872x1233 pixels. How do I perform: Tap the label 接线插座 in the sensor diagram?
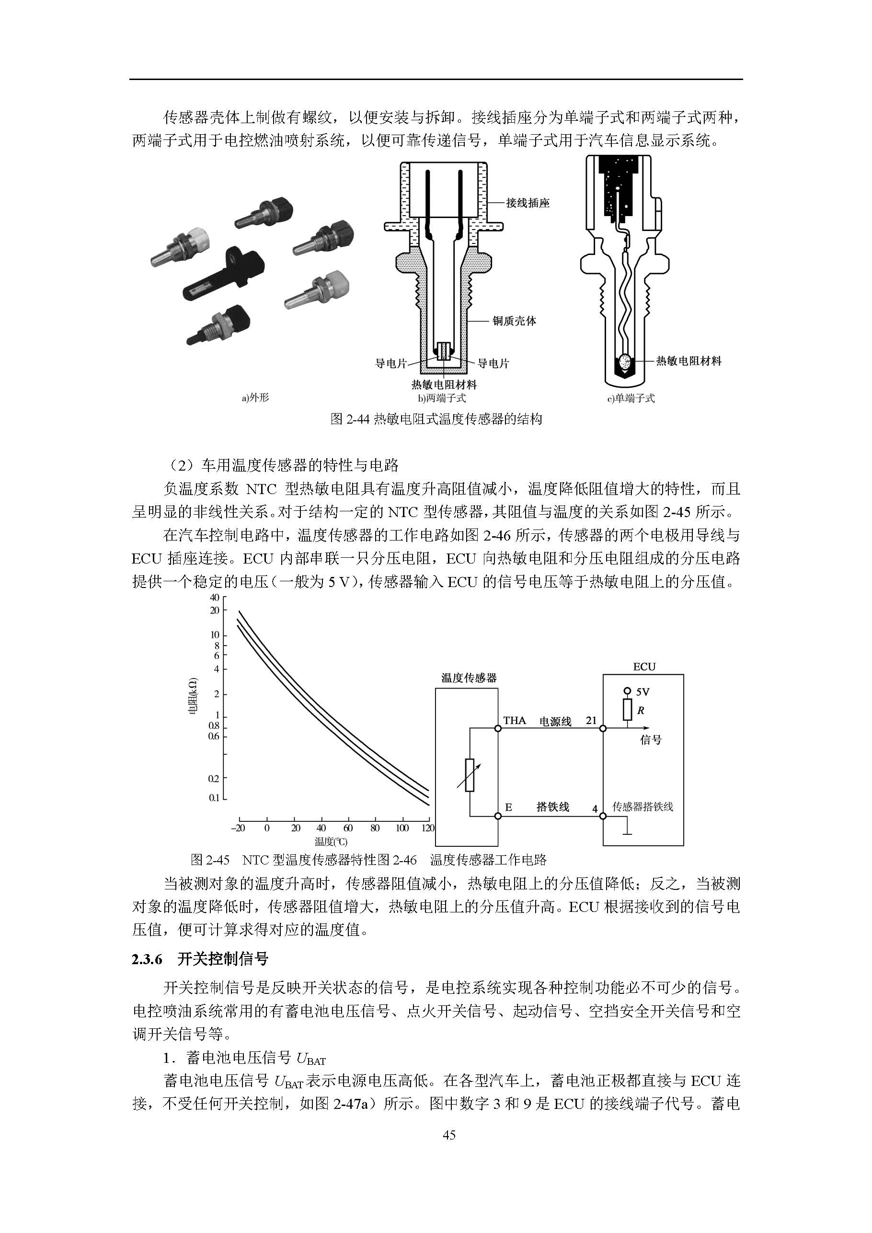(528, 203)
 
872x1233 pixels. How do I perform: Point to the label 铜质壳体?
(515, 321)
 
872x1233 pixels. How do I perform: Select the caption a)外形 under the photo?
(255, 397)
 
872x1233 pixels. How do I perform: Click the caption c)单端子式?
(631, 398)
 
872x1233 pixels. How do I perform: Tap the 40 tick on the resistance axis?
(214, 598)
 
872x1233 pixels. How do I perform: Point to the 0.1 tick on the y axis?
(214, 798)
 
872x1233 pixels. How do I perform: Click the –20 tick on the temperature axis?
(237, 828)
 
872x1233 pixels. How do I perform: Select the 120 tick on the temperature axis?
(427, 828)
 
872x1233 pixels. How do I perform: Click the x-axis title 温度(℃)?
(331, 841)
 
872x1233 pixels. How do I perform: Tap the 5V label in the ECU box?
(643, 692)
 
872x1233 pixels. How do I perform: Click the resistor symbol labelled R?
(627, 710)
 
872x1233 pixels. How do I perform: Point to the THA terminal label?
(515, 720)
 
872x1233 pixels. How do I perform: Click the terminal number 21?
(591, 720)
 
